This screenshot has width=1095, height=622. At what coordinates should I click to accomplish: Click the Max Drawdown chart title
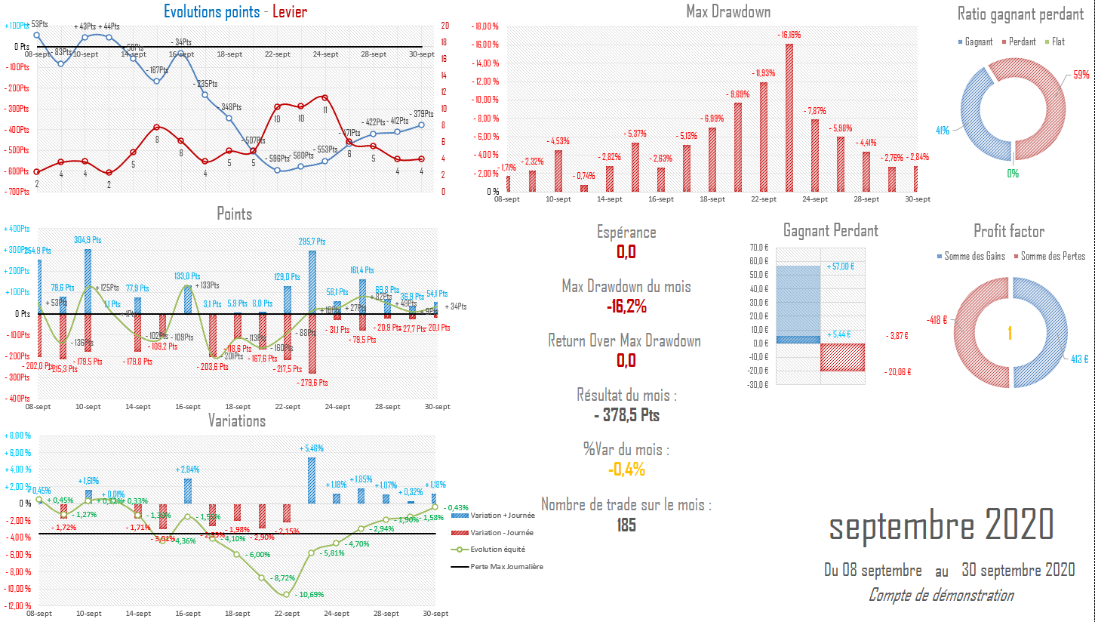pyautogui.click(x=728, y=11)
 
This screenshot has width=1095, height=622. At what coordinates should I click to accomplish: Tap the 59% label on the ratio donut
pyautogui.click(x=1081, y=75)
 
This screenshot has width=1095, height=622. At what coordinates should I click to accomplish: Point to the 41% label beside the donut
pyautogui.click(x=943, y=130)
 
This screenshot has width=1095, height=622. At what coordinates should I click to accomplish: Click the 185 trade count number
pyautogui.click(x=626, y=525)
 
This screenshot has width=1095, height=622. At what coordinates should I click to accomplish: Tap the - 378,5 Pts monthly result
pyautogui.click(x=626, y=415)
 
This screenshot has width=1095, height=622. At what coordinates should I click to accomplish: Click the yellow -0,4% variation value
pyautogui.click(x=626, y=470)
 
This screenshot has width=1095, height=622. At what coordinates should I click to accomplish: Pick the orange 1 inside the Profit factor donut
pyautogui.click(x=1009, y=333)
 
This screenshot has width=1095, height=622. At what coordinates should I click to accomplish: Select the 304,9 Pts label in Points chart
pyautogui.click(x=88, y=240)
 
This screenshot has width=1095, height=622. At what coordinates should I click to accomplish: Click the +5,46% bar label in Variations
pyautogui.click(x=312, y=448)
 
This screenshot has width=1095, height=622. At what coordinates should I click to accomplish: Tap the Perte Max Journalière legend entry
pyautogui.click(x=506, y=566)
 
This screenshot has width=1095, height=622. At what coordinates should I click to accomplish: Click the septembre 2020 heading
pyautogui.click(x=940, y=524)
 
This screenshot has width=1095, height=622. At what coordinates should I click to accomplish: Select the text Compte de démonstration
pyautogui.click(x=940, y=596)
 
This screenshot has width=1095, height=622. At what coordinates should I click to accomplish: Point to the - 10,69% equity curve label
pyautogui.click(x=306, y=595)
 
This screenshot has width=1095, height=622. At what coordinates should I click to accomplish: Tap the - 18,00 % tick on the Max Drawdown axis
pyautogui.click(x=486, y=26)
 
